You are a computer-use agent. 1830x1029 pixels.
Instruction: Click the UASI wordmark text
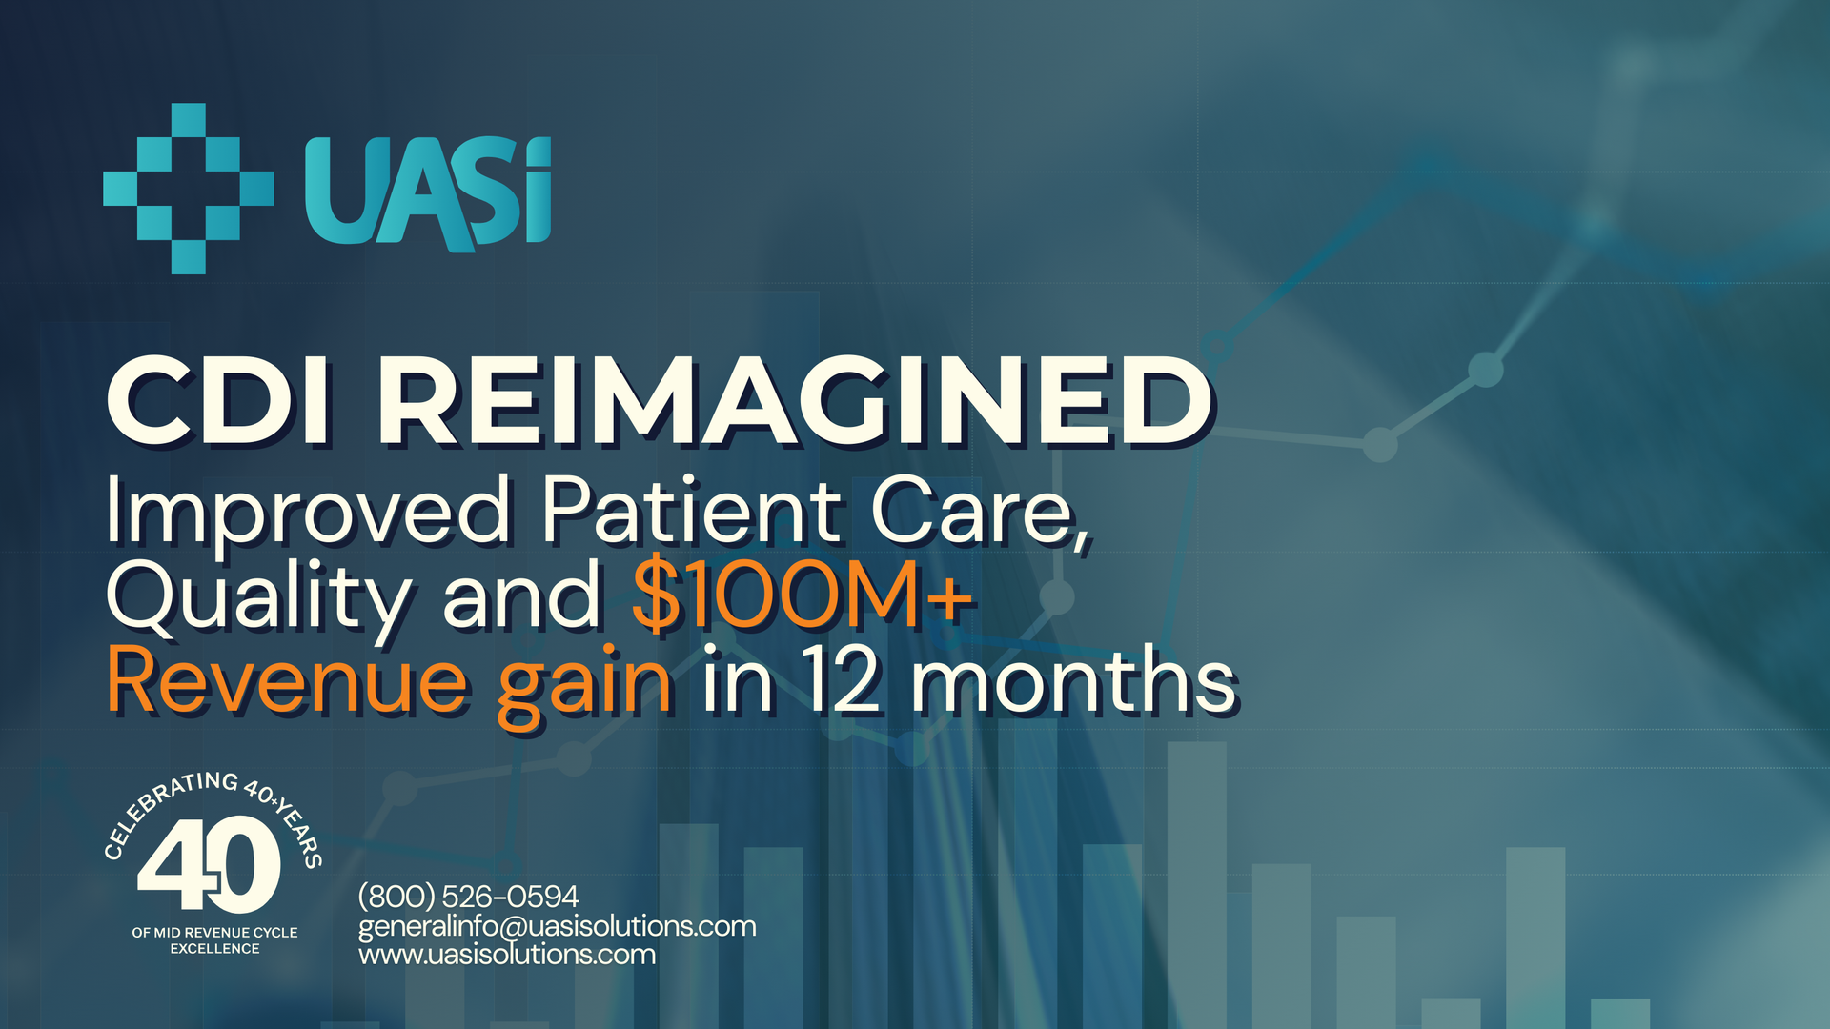click(428, 193)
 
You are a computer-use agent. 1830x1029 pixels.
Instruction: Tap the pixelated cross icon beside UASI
click(189, 189)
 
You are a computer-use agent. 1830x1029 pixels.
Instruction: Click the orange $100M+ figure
click(803, 595)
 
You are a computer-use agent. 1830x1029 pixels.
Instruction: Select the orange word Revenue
click(287, 680)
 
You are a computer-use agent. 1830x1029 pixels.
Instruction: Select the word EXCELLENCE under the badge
click(214, 949)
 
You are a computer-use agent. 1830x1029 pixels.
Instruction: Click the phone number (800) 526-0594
click(468, 897)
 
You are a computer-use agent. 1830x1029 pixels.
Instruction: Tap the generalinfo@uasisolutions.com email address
click(558, 926)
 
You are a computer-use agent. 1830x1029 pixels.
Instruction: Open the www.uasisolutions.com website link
click(507, 954)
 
